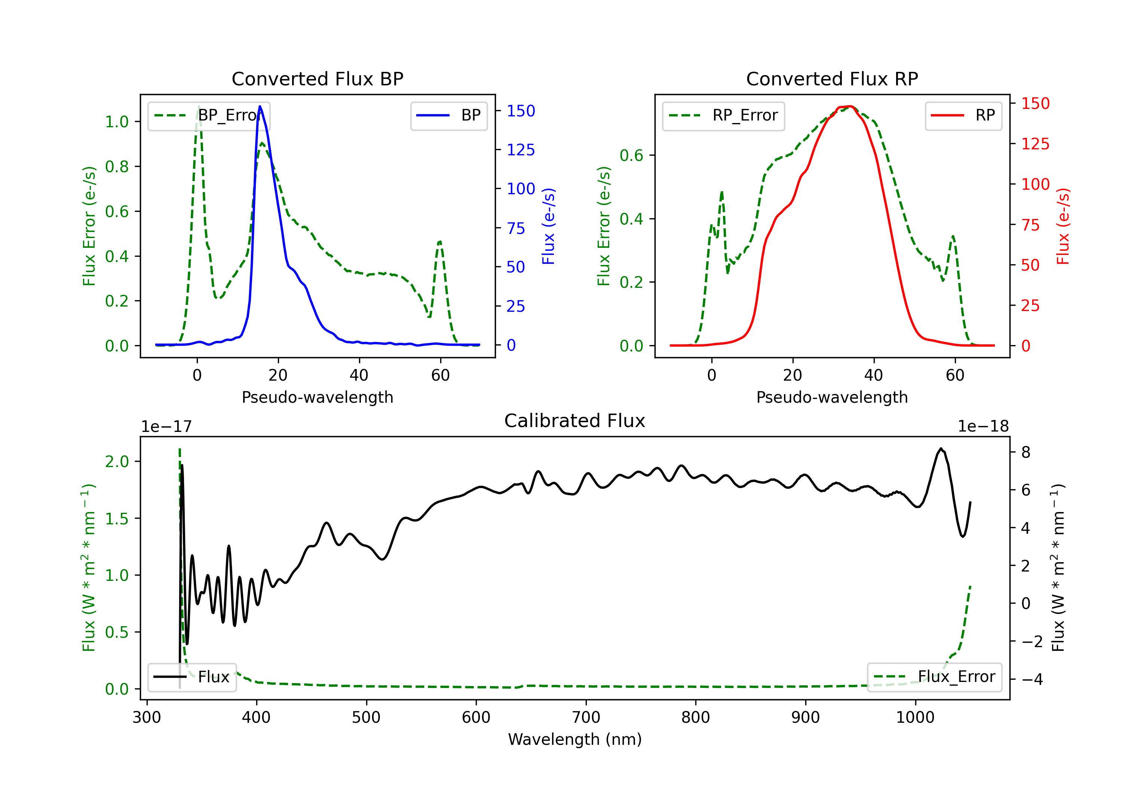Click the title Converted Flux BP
coord(317,79)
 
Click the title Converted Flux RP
coord(832,79)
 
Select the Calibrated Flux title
coord(575,421)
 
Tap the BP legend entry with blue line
coord(448,115)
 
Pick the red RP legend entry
coord(963,115)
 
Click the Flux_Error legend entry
coord(934,677)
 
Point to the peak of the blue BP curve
coord(260,106)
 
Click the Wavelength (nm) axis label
coord(575,739)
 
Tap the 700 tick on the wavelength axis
coord(586,717)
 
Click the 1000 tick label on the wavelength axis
coord(915,717)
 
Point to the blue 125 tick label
coord(521,150)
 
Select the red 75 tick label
coord(1031,225)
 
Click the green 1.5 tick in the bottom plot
coord(117,518)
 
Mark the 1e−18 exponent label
coord(983,427)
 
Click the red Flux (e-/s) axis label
coord(1063,226)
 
